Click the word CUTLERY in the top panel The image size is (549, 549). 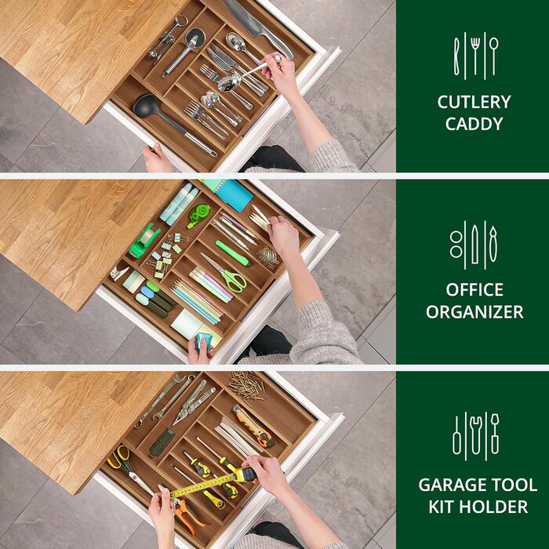click(x=474, y=102)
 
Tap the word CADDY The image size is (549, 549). click(x=474, y=124)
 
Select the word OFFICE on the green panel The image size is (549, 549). click(x=474, y=289)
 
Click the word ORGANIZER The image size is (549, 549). click(x=474, y=311)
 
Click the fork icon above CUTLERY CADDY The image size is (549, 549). click(x=474, y=56)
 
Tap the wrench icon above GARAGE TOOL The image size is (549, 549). click(x=476, y=435)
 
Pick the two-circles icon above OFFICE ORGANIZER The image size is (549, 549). click(x=456, y=245)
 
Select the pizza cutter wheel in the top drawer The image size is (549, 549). click(x=195, y=36)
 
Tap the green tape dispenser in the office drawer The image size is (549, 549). click(x=144, y=242)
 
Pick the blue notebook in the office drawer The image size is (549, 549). click(x=234, y=195)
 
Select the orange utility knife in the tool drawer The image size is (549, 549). click(x=253, y=426)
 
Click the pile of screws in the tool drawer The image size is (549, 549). click(x=247, y=386)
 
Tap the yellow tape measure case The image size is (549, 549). click(x=245, y=474)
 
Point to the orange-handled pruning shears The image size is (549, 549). click(x=188, y=512)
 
